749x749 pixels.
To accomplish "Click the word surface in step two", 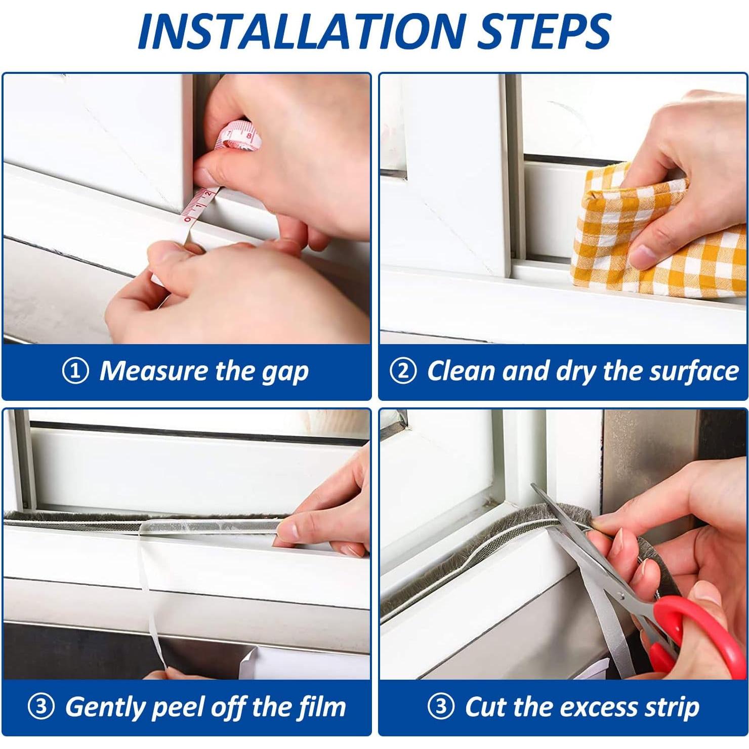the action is point(694,371).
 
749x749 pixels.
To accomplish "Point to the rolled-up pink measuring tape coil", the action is point(237,136).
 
